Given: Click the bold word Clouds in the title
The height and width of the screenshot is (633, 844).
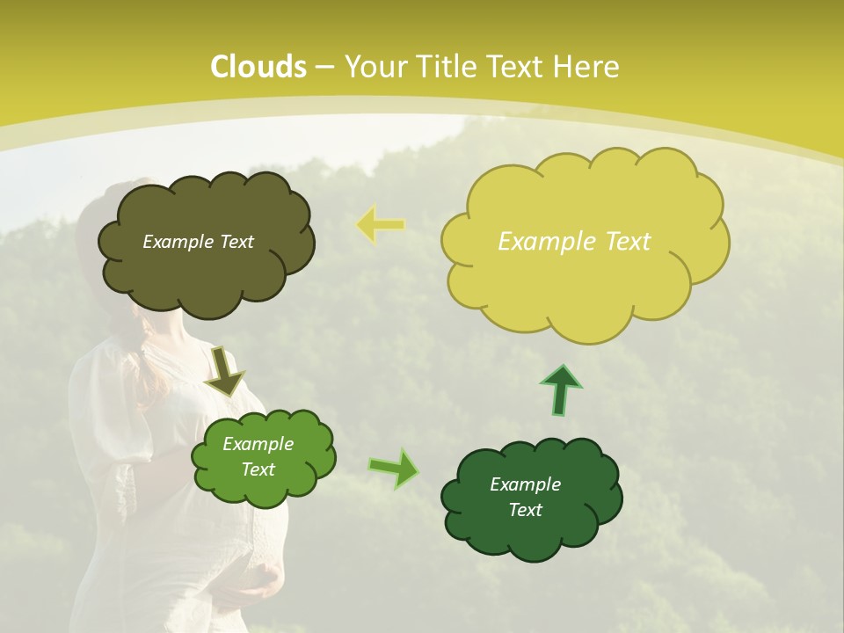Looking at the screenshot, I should pos(258,67).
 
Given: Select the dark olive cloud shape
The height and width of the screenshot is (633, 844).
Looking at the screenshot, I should pos(207,273).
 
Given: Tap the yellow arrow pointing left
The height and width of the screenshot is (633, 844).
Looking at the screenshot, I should pos(380,224).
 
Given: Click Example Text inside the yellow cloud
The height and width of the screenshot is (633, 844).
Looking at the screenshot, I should pos(574,242).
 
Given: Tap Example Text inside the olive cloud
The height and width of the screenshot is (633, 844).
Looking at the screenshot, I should pos(198,242).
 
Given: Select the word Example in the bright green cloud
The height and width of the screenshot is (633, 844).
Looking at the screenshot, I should pos(258,444).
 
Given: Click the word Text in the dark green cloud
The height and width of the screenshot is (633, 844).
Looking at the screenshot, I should pos(526,510).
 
